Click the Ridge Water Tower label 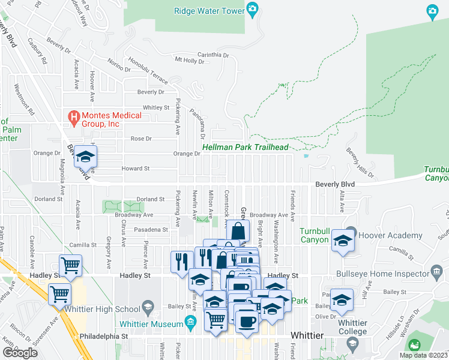tap(209, 10)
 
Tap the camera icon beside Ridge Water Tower tap(253, 10)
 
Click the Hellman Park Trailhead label tap(246, 147)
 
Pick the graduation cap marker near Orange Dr tap(85, 157)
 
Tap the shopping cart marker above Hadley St tap(71, 265)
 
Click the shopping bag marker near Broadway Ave tap(238, 230)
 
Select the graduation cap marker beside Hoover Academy tap(343, 241)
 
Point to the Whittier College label tap(352, 327)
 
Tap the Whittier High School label tap(113, 309)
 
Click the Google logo tap(20, 352)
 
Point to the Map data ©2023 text tap(423, 355)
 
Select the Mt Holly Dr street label tap(190, 59)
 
